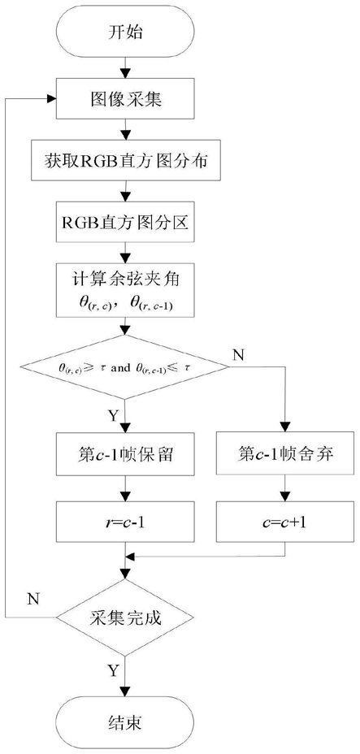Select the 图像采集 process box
click(125, 98)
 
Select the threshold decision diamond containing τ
click(125, 367)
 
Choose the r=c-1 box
click(125, 522)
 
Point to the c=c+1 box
click(285, 522)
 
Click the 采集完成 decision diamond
click(125, 617)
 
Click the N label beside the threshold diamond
click(239, 356)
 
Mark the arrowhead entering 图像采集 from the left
click(51, 98)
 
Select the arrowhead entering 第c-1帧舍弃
click(285, 428)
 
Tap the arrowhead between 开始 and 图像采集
click(125, 74)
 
